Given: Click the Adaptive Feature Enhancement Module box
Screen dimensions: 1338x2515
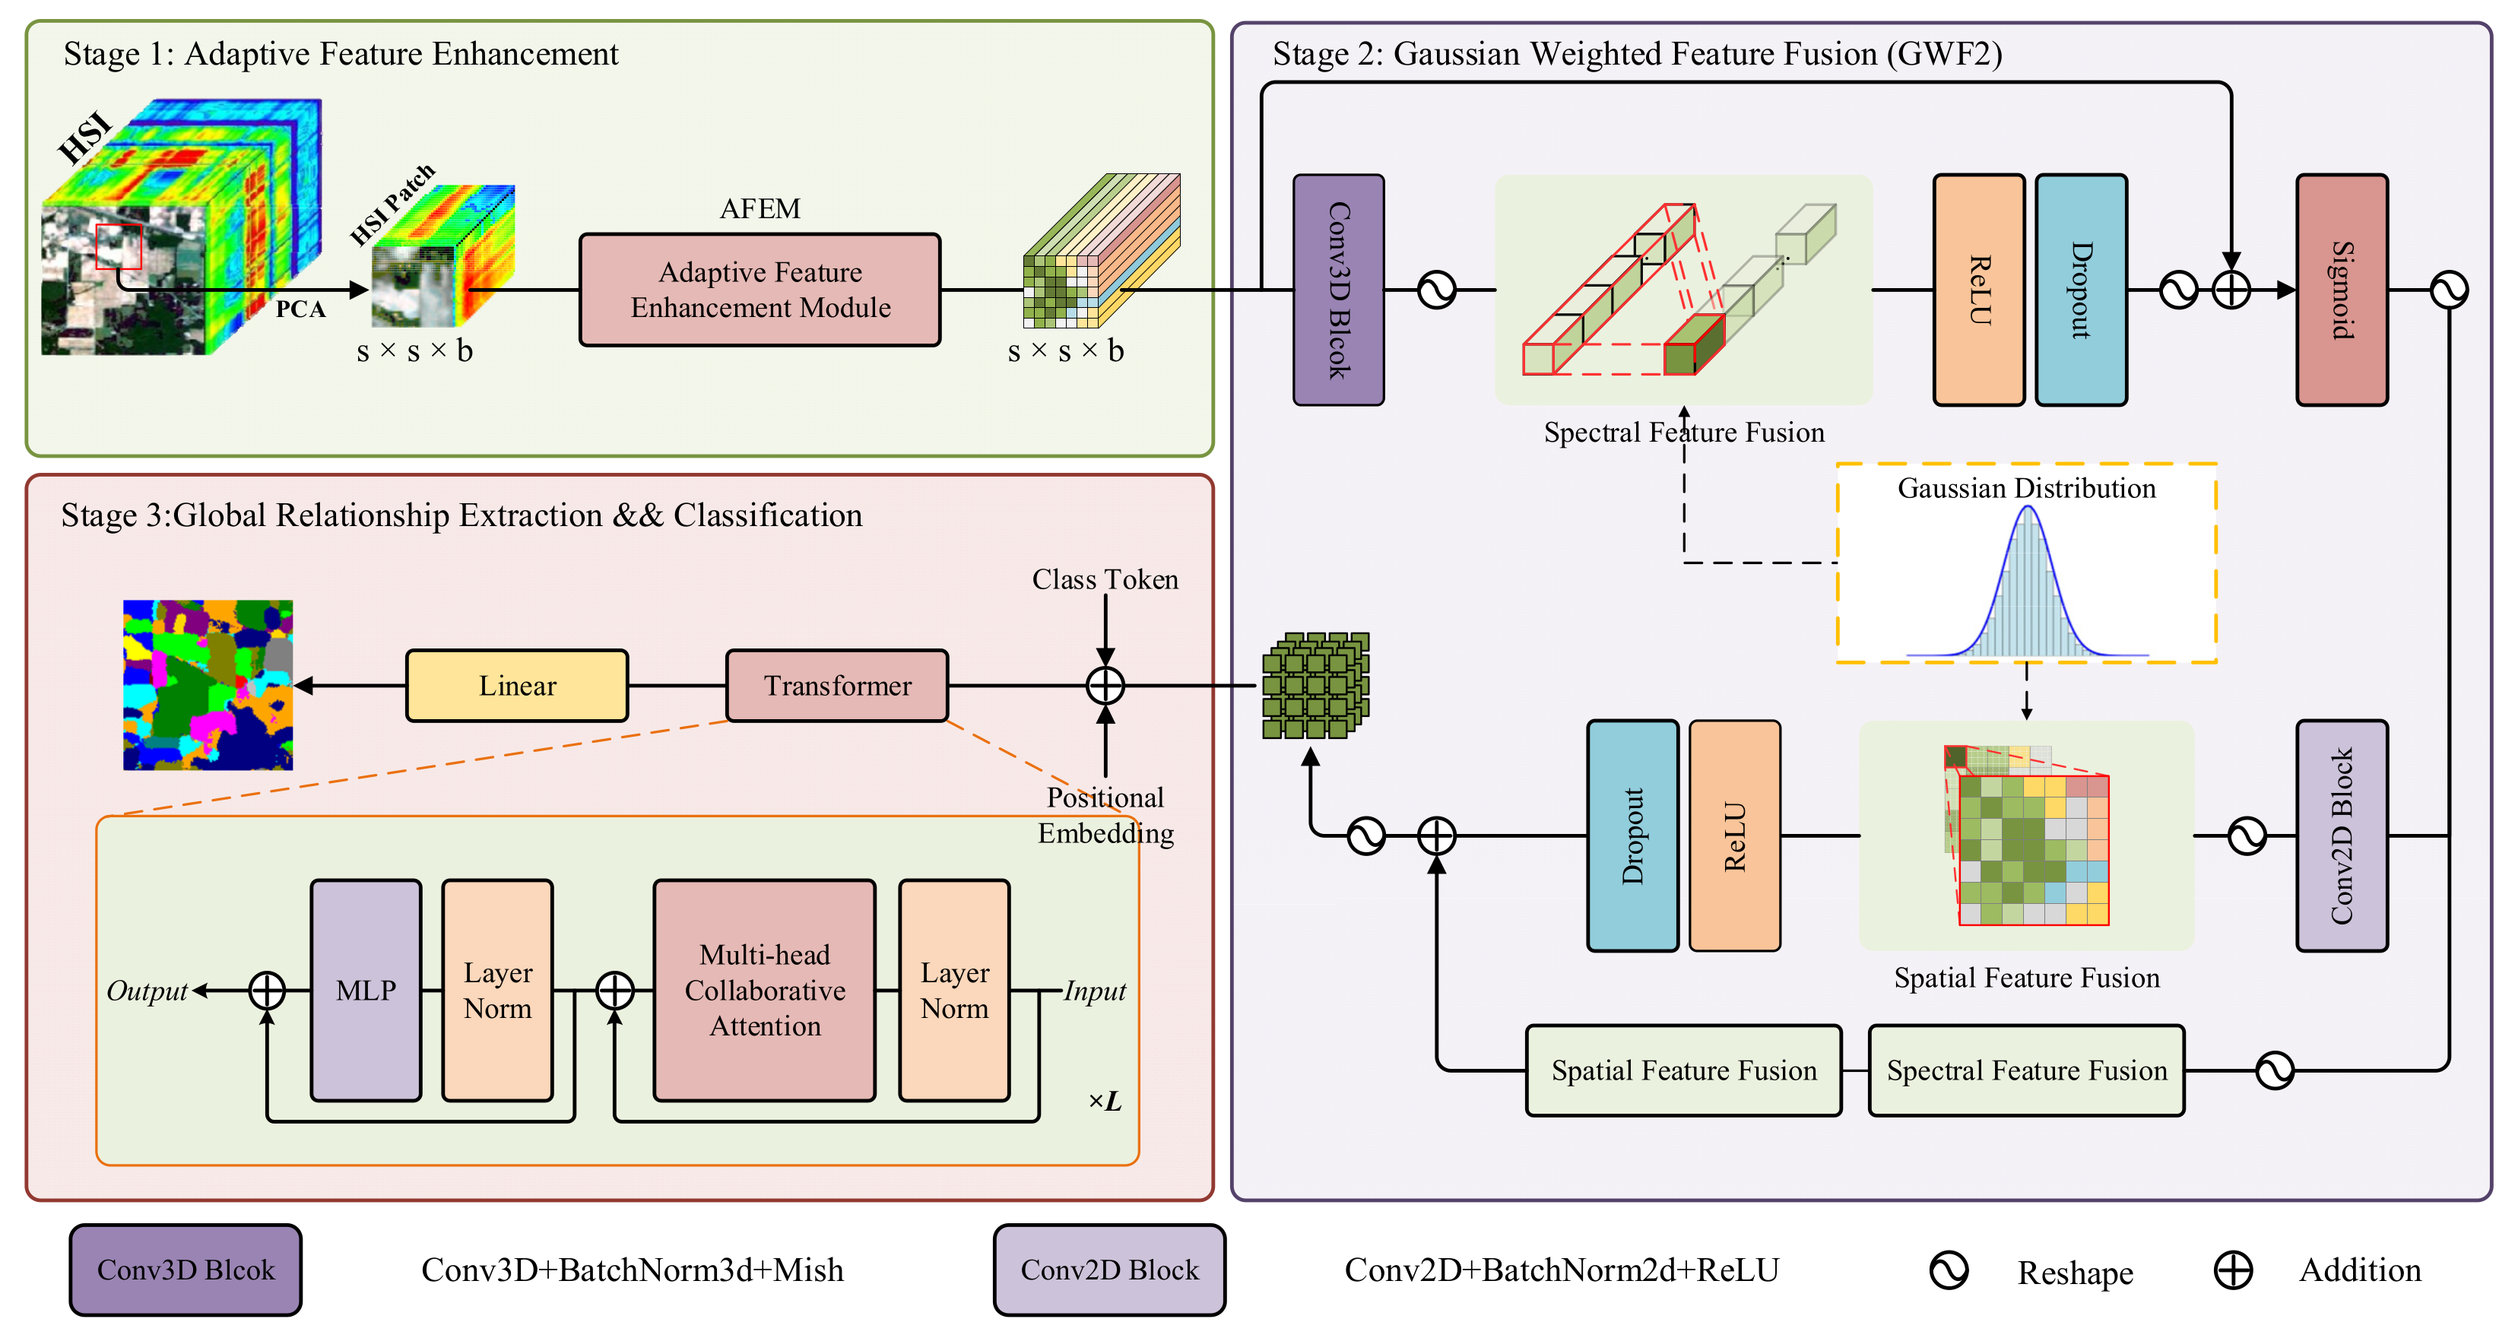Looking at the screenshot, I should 760,290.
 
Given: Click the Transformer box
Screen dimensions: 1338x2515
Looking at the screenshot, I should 837,686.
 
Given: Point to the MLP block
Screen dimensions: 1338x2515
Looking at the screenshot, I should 366,991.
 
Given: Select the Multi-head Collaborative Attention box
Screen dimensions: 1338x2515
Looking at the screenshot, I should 764,991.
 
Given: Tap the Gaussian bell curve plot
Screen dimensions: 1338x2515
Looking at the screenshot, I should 2027,585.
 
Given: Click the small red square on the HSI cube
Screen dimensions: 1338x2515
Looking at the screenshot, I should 118,246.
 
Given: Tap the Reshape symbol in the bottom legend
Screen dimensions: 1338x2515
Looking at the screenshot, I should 1949,1270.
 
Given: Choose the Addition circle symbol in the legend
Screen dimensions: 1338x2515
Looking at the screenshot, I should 2233,1270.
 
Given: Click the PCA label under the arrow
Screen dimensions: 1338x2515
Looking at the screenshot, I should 300,309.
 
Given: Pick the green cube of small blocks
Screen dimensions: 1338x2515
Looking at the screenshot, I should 1315,685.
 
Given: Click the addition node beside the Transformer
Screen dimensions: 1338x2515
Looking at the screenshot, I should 1105,686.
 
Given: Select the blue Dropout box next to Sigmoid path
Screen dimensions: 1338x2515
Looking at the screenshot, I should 2081,290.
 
